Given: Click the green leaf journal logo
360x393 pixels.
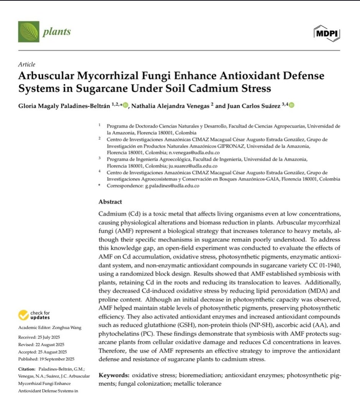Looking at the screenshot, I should coord(29,31).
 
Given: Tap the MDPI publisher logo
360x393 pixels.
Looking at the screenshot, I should coord(327,34).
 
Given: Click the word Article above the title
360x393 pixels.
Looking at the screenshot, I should coord(26,64).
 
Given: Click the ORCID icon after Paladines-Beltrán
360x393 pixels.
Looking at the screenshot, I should coord(127,105).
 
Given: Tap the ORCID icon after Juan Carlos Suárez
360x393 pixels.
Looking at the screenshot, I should coord(291,105).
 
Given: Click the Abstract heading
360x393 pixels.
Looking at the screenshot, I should coord(110,201).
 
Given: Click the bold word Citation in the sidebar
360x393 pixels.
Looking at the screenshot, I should coord(26,369).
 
